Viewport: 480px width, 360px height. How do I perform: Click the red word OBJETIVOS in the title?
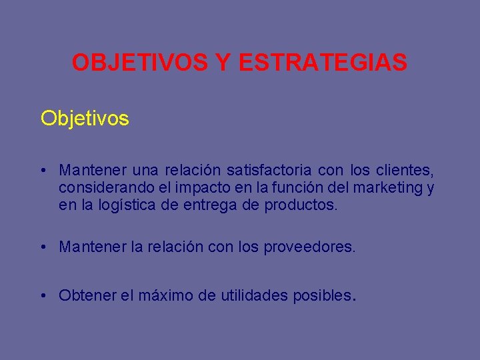(140, 63)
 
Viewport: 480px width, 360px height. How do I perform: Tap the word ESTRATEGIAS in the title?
(322, 63)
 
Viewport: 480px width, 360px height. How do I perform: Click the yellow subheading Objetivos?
(85, 118)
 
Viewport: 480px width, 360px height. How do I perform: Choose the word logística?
(127, 205)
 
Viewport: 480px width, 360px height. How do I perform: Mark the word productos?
(301, 205)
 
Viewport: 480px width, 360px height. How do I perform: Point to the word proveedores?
(311, 247)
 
